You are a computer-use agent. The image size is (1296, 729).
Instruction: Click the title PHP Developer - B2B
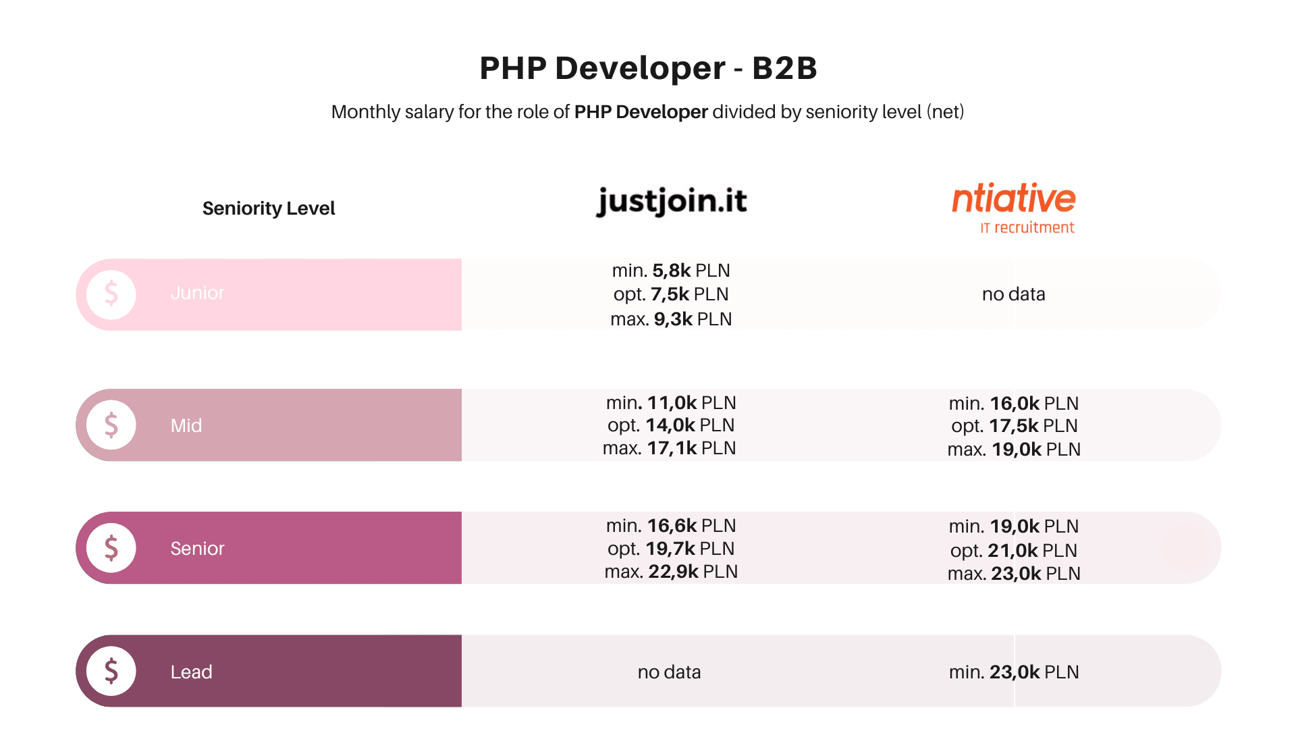(648, 68)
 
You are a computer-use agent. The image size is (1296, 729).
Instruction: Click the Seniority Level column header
(269, 208)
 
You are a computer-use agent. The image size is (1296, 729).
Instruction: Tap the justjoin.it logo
(672, 201)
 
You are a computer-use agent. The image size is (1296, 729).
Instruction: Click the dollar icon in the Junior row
(111, 294)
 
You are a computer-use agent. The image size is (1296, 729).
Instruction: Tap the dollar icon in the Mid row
(111, 425)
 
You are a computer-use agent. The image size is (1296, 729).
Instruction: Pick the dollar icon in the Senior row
(111, 548)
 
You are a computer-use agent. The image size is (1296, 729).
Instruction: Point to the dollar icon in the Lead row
(111, 671)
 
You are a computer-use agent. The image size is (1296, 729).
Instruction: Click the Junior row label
(197, 293)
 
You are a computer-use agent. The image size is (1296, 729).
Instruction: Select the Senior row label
(197, 548)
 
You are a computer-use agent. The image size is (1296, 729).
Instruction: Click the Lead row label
(191, 672)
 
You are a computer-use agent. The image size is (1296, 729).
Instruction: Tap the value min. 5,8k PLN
(671, 270)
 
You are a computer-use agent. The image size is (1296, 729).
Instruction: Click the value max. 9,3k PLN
(671, 319)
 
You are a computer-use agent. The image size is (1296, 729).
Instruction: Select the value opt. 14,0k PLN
(671, 425)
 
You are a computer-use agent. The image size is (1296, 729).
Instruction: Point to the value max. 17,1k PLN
(669, 448)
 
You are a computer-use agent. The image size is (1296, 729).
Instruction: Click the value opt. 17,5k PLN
(1014, 425)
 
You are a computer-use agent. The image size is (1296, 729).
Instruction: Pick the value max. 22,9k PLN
(671, 571)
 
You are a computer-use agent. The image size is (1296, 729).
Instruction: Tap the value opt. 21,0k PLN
(1013, 550)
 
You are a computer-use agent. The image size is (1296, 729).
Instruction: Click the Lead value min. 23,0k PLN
(1013, 672)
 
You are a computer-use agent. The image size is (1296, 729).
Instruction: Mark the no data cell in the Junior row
(1013, 294)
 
